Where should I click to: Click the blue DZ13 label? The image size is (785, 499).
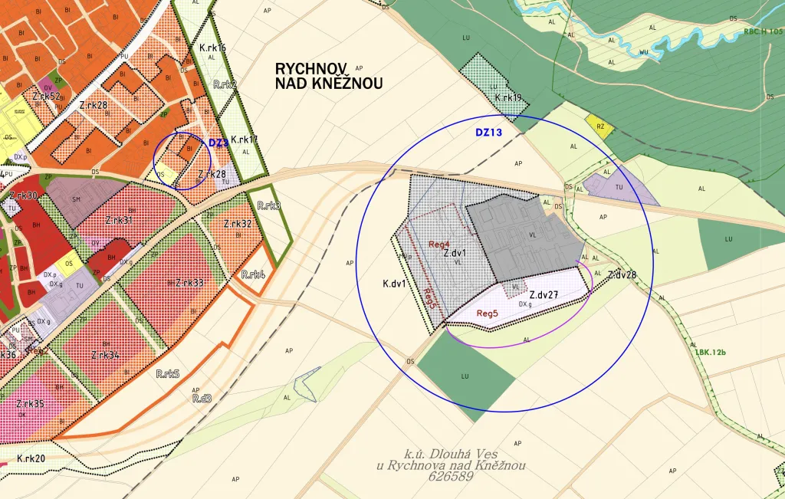click(488, 133)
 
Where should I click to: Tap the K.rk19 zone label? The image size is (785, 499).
click(508, 98)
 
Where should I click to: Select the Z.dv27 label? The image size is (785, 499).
click(544, 294)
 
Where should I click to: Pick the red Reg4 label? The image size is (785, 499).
click(439, 245)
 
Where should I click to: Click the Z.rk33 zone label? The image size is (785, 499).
click(189, 283)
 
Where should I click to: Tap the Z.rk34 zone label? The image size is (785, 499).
click(104, 356)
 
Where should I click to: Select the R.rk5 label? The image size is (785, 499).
click(167, 374)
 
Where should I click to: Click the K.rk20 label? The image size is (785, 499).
click(31, 458)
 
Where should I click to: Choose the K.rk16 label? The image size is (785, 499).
click(212, 48)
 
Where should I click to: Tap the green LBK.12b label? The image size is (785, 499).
click(711, 353)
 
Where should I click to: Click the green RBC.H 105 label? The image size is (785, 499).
click(762, 33)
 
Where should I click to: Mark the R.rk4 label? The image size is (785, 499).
click(253, 274)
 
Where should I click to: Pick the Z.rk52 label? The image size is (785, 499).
click(47, 97)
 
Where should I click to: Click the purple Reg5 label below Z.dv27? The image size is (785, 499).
click(488, 313)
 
